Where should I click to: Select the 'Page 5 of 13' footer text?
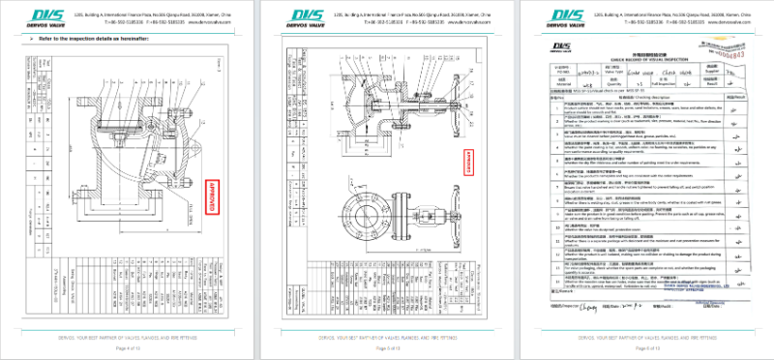[x=387, y=346]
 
